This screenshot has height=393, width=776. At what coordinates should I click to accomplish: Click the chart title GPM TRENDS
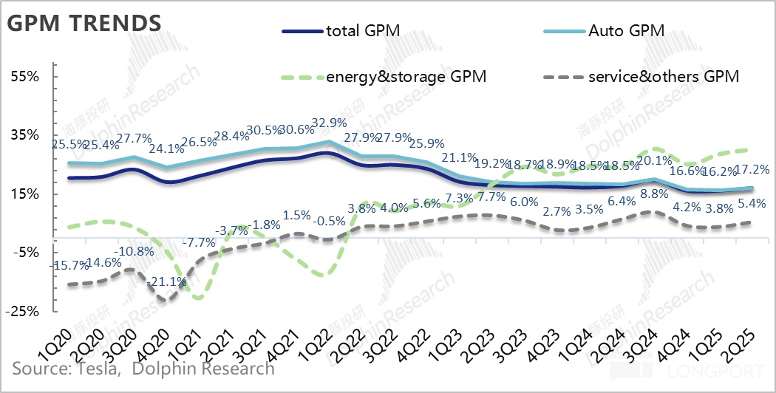(x=84, y=23)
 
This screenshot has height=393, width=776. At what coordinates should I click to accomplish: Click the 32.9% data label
(x=327, y=123)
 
